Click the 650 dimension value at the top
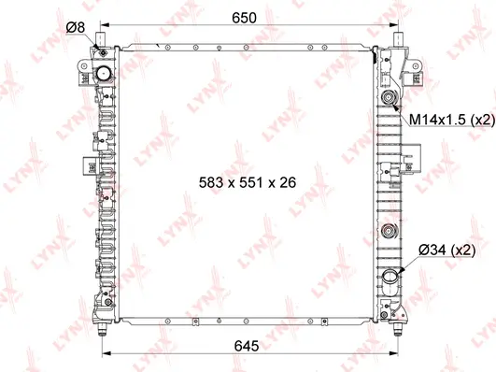[x=245, y=18]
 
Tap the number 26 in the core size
[x=286, y=183]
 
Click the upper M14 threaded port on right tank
[x=387, y=98]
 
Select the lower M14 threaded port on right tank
[x=387, y=234]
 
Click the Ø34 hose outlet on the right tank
[x=389, y=278]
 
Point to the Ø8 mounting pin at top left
[x=102, y=39]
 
